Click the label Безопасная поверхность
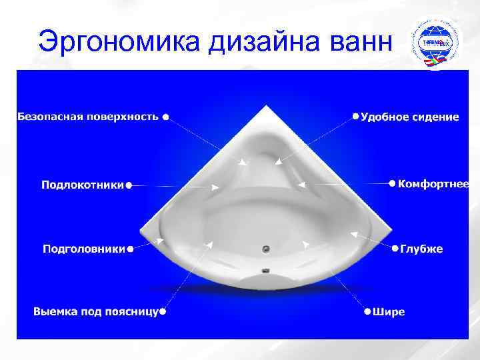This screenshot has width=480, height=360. pos(87,117)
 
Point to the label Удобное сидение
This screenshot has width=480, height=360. pos(410,117)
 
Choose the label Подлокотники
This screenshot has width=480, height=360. pos(83,185)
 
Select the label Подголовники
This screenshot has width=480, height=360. pos(84,249)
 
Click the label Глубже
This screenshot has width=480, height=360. pos(421,249)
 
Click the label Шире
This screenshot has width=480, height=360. pos(389,311)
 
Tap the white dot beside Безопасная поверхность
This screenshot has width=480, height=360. pos(165,116)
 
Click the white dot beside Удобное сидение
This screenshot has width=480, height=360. pos(355,116)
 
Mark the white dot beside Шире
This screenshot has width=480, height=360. pos(367,311)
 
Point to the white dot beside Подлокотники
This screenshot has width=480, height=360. pos(129,185)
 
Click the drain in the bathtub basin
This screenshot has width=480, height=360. pos(265,250)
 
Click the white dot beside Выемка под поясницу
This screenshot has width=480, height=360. pos(163,311)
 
